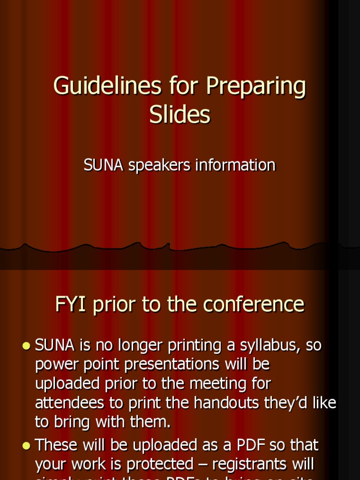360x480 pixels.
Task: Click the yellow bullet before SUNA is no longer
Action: click(x=26, y=346)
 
